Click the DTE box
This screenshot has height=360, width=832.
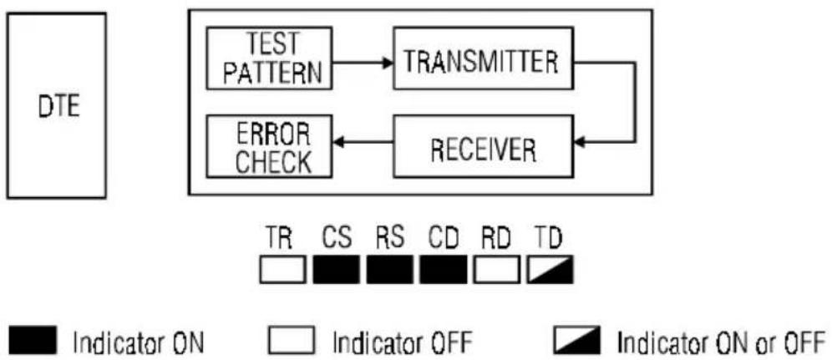[x=56, y=105]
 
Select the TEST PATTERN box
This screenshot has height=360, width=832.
[x=269, y=58]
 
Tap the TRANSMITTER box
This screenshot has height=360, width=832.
[x=483, y=58]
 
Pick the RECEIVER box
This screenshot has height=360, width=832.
[x=483, y=146]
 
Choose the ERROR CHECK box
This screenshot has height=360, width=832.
[x=269, y=146]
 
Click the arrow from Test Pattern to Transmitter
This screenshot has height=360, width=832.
[x=363, y=63]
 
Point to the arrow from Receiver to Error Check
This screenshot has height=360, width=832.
[x=363, y=142]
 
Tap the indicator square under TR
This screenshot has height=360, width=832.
[x=283, y=269]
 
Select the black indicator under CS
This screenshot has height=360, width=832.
[x=337, y=269]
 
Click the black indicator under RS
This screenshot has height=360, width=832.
[x=389, y=269]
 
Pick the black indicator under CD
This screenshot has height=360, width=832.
[x=443, y=269]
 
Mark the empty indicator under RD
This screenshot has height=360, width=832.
[x=497, y=269]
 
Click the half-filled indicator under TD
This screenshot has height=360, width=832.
[x=550, y=269]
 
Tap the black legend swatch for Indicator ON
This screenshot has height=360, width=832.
[x=33, y=341]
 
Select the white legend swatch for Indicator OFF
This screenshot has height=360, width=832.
[x=291, y=341]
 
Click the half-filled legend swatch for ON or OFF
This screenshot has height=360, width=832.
[x=576, y=341]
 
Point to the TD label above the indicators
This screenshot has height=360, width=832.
[x=548, y=240]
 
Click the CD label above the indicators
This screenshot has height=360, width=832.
[x=443, y=240]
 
